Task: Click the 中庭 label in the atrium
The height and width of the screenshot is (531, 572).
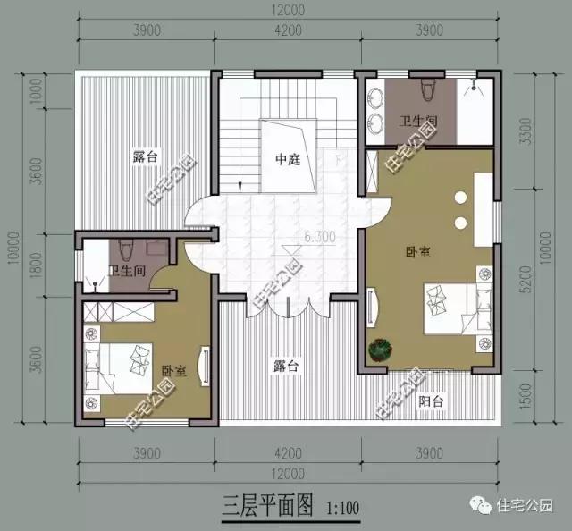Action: click(x=286, y=160)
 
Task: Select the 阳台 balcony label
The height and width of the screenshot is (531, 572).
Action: click(x=431, y=401)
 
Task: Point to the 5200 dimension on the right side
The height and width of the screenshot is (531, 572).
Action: click(x=535, y=285)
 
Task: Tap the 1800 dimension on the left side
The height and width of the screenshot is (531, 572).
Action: click(x=36, y=265)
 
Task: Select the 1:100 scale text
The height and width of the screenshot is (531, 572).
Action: click(x=339, y=510)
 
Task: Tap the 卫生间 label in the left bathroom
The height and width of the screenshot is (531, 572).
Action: click(x=126, y=270)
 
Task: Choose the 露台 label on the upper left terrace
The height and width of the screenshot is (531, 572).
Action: click(x=145, y=157)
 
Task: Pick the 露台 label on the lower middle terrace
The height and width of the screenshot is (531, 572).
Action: click(x=286, y=366)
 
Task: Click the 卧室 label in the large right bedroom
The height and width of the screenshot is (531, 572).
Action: click(x=417, y=252)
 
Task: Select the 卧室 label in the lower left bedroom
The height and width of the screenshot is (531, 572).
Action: click(x=174, y=369)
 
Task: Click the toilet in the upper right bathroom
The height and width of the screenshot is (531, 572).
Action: click(x=428, y=88)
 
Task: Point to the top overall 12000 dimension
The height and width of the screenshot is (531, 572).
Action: click(x=286, y=10)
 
